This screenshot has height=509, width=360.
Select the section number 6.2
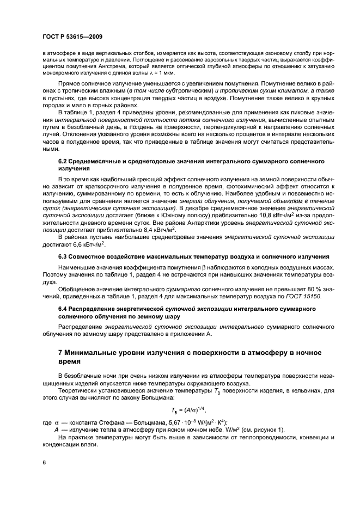(64, 162)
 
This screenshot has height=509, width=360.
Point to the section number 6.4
(64, 309)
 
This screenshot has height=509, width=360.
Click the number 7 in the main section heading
(60, 353)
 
